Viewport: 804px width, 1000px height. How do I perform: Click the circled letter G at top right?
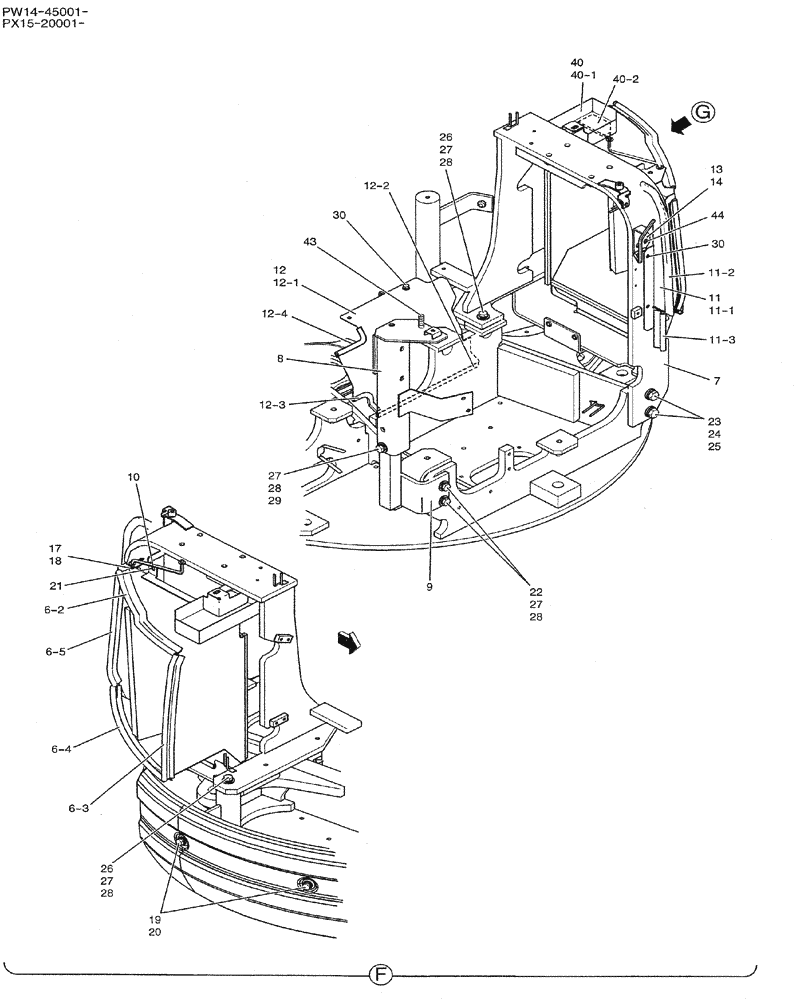coord(703,113)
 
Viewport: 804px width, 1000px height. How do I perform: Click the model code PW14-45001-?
coord(44,11)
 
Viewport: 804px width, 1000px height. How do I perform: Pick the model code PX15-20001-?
coord(44,23)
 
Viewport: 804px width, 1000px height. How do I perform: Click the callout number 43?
coord(310,242)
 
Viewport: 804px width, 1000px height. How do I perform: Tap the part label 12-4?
coord(275,314)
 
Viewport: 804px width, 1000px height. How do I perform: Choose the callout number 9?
coord(429,587)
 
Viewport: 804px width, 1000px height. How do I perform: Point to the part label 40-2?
coord(625,79)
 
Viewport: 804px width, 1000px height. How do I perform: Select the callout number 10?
coord(135,478)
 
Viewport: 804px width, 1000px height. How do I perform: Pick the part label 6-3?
coord(80,809)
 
